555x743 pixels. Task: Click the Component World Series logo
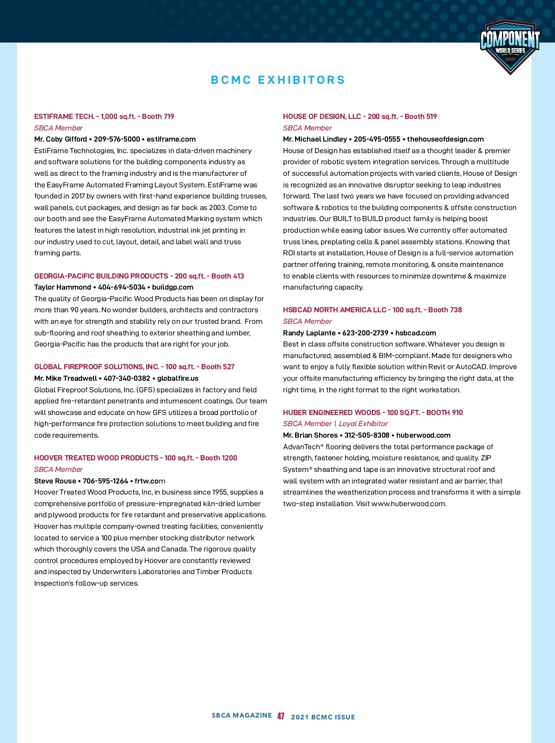(510, 46)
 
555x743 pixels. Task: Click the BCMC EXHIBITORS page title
(278, 80)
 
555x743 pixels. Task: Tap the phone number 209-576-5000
(117, 139)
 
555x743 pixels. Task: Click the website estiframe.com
(171, 139)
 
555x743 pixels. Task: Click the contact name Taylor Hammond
(62, 287)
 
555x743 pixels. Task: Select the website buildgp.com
(173, 287)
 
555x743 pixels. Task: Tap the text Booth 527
(218, 367)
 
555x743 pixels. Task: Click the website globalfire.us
(178, 378)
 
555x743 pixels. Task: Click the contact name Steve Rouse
(55, 481)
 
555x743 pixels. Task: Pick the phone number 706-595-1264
(105, 481)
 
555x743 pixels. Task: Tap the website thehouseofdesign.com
(445, 139)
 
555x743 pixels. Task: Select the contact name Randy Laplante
(309, 333)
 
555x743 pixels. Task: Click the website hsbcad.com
(416, 333)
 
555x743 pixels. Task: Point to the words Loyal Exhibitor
(364, 424)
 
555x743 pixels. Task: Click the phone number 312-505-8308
(367, 435)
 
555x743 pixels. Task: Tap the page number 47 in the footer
(281, 716)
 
